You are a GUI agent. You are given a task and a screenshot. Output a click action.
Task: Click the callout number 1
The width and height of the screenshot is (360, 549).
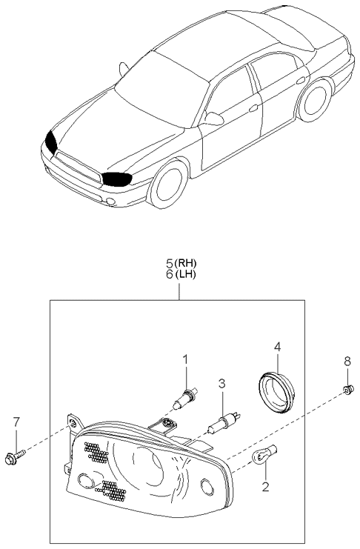click(186, 359)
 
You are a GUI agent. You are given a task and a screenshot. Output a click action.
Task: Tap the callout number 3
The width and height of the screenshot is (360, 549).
click(221, 383)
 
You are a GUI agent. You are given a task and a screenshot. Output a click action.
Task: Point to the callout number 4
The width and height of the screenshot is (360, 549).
click(277, 347)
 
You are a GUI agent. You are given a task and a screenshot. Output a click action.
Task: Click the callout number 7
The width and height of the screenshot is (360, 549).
click(16, 422)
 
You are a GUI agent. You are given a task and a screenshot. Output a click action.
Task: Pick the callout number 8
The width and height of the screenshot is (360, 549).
click(347, 362)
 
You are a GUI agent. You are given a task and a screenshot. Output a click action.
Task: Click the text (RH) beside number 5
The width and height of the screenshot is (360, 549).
click(186, 262)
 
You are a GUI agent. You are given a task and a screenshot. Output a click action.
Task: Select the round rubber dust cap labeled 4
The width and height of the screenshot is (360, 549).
click(276, 393)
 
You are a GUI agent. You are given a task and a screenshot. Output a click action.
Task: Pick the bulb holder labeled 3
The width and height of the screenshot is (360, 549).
click(224, 422)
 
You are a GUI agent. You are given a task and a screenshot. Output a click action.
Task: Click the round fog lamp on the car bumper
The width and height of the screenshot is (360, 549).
click(111, 202)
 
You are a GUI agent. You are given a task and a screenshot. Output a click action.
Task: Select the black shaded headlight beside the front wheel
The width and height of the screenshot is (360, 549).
click(117, 179)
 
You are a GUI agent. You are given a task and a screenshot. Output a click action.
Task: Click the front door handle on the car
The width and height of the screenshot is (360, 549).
click(253, 108)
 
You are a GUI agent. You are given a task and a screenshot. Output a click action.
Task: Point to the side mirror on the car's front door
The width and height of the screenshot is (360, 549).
click(213, 119)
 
